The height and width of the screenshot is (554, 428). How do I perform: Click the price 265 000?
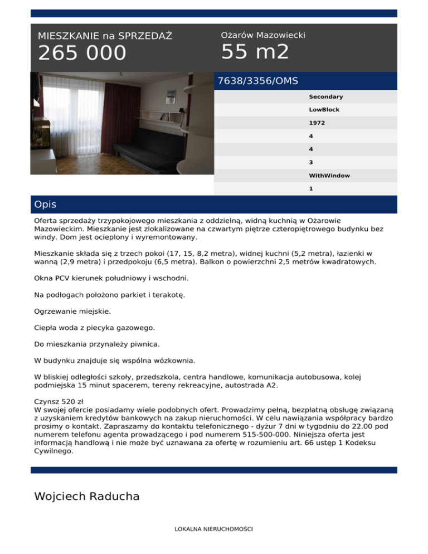coord(82,54)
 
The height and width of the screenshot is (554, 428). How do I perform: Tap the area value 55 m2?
coord(255,52)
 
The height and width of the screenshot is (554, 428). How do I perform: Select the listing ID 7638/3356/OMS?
coord(257,81)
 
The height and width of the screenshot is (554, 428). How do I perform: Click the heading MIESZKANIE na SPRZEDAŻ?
coord(105,36)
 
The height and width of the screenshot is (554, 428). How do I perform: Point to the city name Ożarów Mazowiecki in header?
coord(263,35)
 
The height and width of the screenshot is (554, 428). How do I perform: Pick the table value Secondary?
coord(326,97)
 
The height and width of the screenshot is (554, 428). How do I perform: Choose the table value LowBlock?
coord(324,110)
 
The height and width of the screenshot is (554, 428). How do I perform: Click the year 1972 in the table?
coord(317,123)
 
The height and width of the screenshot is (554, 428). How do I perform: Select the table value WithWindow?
coord(329,176)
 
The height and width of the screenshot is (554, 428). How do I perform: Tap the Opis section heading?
coord(45,205)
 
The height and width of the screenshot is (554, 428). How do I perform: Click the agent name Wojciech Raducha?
coord(86,496)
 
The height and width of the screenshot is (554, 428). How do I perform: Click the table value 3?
coord(311,163)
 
